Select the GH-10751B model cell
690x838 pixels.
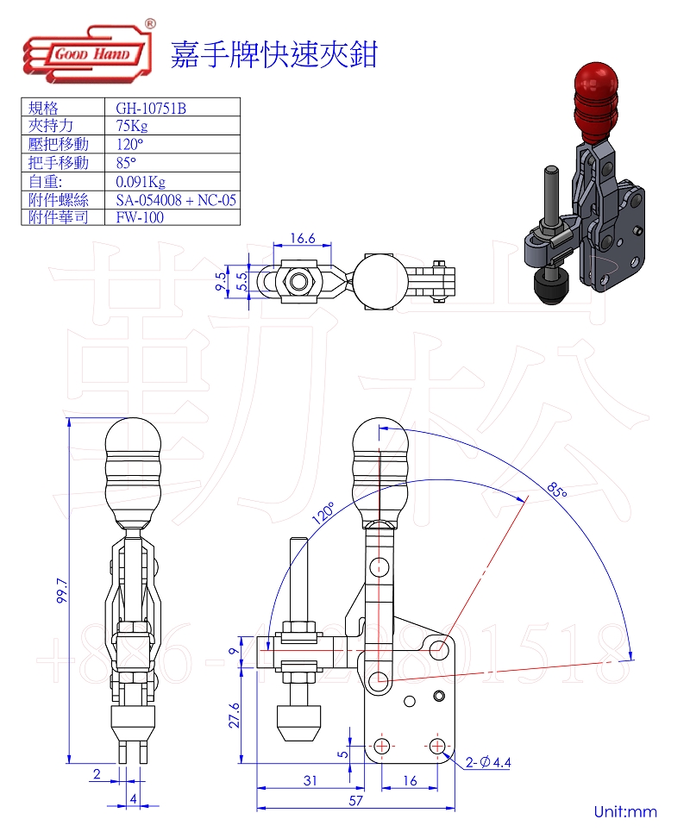(152, 108)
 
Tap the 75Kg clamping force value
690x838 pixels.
(132, 126)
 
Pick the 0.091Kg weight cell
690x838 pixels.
(141, 181)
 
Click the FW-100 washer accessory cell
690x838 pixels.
(140, 217)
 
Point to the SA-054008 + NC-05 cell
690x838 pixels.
(176, 199)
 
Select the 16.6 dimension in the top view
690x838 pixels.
(302, 239)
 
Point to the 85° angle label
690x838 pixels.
(557, 489)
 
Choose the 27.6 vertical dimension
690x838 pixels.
(234, 715)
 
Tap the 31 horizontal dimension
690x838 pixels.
(310, 780)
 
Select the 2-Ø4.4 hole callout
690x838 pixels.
(488, 762)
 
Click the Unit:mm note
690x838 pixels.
(625, 811)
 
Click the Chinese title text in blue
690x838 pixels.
(274, 53)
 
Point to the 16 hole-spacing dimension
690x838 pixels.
(410, 780)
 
